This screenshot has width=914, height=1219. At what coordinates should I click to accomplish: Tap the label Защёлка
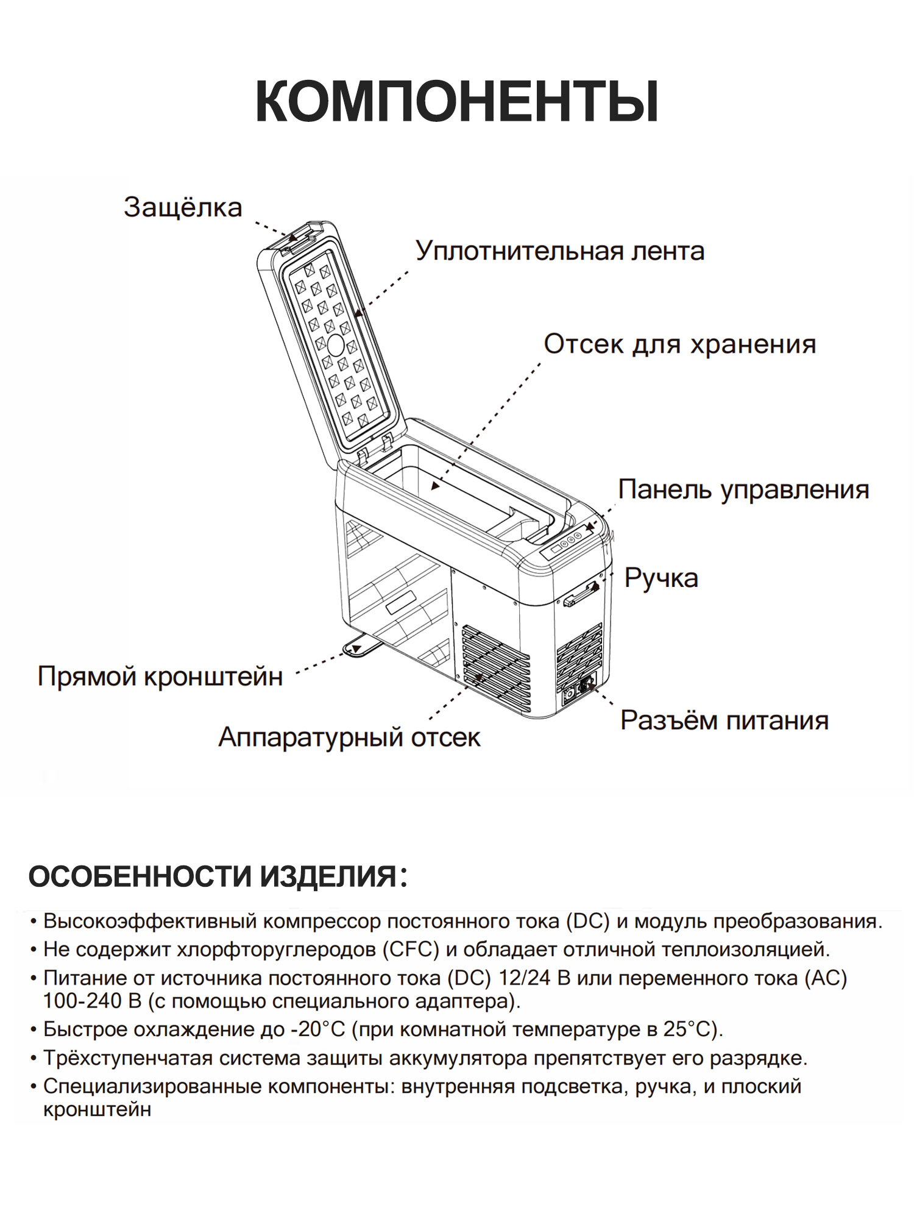(x=183, y=207)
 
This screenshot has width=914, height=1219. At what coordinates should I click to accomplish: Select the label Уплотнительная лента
(x=559, y=251)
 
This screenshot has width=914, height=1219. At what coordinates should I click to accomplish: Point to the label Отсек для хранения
(x=679, y=344)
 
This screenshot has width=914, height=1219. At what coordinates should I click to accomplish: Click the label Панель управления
(x=743, y=490)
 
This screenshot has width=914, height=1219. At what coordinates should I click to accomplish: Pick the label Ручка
(x=661, y=578)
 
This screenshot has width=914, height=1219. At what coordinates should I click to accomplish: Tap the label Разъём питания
(x=724, y=720)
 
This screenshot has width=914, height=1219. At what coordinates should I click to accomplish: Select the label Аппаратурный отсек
(x=349, y=737)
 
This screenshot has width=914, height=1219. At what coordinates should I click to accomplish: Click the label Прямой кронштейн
(x=160, y=677)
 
